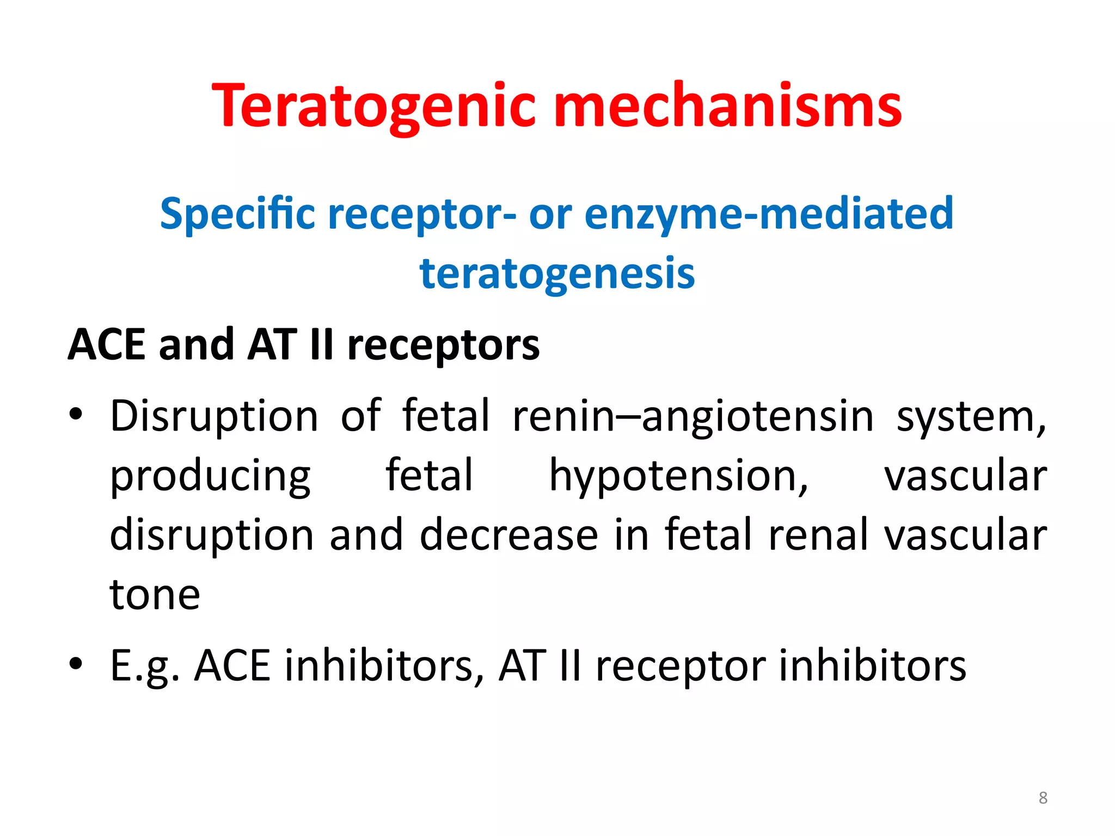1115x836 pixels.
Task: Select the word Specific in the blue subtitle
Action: [237, 214]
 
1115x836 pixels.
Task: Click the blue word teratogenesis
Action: [557, 274]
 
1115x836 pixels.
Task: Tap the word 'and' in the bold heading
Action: [197, 345]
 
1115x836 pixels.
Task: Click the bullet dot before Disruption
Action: [76, 415]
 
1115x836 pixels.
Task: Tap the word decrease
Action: [509, 535]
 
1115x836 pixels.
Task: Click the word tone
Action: [155, 594]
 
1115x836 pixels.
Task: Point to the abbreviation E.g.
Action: [145, 666]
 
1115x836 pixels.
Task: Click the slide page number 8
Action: [1043, 798]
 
